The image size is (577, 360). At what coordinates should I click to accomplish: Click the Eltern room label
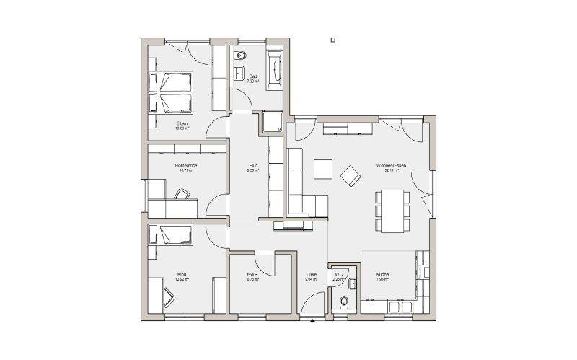pos(182,123)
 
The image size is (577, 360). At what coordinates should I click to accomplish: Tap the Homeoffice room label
pos(186,165)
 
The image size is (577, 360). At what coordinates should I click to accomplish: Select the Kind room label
pos(182,274)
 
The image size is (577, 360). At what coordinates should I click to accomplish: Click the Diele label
pos(312,274)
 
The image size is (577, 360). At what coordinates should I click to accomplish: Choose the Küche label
pos(382,274)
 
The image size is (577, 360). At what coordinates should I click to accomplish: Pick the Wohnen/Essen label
pos(391,165)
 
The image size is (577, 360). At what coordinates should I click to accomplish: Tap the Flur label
pos(252,165)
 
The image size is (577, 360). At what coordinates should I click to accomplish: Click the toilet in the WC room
pos(344,301)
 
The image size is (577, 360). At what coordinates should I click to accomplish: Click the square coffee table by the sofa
pos(322,168)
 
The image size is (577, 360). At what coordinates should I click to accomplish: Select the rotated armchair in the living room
pos(351,174)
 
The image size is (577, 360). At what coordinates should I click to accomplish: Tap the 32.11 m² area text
pos(391,171)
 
